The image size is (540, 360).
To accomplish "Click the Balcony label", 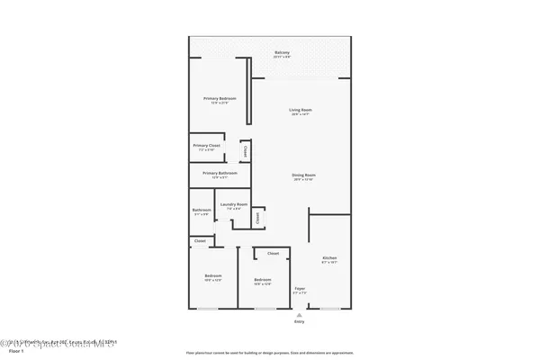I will tap(282, 52).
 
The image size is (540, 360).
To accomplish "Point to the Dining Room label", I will tap(303, 175).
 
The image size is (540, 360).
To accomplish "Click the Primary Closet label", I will tap(207, 145).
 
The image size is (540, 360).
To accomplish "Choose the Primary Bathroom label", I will tap(220, 173).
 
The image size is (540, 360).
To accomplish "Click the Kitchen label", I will tap(328, 258).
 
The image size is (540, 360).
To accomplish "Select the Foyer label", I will tap(300, 289).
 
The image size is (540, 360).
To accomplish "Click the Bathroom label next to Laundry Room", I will tap(201, 211).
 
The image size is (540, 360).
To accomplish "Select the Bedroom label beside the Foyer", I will tap(263, 280).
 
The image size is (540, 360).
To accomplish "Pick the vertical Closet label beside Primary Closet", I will tap(245, 151).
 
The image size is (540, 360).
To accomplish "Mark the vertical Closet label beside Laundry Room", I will tap(257, 216).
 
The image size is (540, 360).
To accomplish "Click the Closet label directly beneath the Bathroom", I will tap(200, 240).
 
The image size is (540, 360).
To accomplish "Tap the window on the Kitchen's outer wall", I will tap(329, 309).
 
